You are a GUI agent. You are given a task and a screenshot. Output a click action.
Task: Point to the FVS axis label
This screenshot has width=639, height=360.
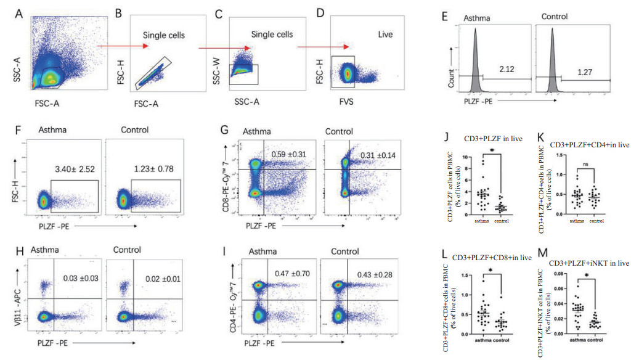point(348,101)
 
